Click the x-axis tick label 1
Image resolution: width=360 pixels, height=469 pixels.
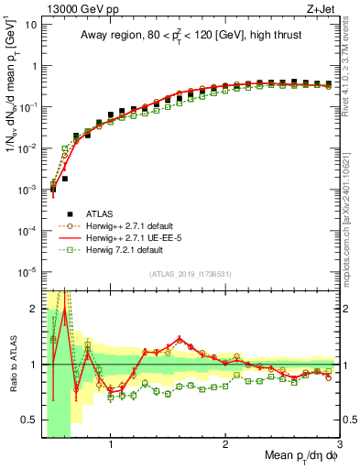tap(111, 449)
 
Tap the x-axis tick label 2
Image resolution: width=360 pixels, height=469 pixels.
tap(225, 449)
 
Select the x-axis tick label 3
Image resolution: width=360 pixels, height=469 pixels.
tap(339, 449)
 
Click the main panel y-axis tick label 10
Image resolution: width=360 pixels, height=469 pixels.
tap(29, 25)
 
